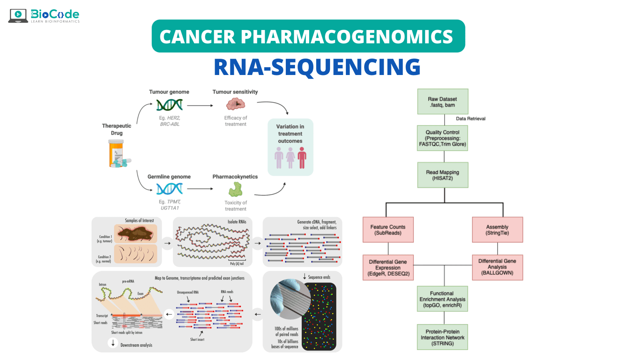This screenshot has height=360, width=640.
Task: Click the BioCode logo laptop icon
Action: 18,15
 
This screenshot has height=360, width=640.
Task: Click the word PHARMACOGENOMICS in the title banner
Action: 347,37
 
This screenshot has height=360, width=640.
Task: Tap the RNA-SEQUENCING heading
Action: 317,67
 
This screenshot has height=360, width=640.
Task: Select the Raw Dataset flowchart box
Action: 442,102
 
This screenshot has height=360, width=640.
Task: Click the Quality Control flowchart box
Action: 442,138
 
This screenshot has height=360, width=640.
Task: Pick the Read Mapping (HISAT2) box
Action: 442,175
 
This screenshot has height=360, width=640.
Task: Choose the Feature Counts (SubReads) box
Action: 388,230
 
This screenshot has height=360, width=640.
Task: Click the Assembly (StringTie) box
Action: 497,230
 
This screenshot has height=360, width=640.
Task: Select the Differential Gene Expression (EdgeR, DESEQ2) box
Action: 388,267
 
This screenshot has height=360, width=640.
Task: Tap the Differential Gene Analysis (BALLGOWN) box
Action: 497,267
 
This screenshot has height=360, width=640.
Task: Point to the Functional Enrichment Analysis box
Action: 442,299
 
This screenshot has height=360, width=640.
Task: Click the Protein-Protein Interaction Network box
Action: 442,337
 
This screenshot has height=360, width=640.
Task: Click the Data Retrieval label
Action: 470,119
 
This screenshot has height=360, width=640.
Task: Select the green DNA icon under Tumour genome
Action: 169,105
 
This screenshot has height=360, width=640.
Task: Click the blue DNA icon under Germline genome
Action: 169,189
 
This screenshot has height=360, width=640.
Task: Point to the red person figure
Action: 302,158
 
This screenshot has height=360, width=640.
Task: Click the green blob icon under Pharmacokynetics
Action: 235,190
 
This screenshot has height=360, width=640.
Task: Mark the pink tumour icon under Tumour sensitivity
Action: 235,104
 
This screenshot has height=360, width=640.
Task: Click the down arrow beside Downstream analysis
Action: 113,343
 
